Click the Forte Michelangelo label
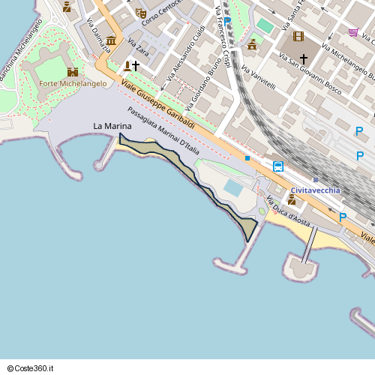pos(73,83)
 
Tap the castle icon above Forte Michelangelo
pos(73,72)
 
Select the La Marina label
pos(107,126)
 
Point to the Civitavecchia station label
pos(315,190)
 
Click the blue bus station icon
pos(278,166)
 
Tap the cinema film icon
pos(299,36)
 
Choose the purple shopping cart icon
pos(353,32)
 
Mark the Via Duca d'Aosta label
pos(288,211)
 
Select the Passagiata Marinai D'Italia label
pos(163,131)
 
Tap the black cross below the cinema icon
pos(304,58)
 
